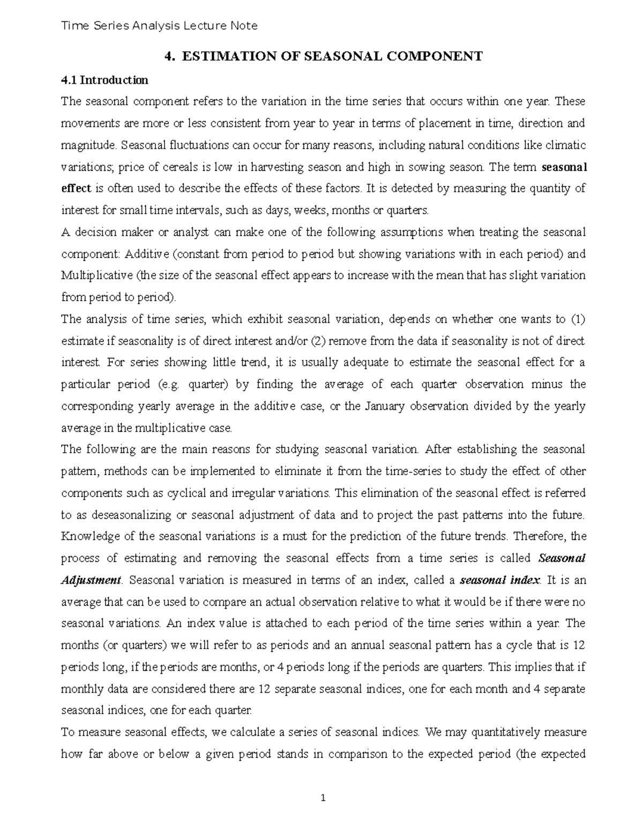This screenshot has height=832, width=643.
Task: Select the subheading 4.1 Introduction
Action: click(104, 80)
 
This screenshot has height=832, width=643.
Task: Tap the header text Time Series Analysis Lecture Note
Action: click(160, 26)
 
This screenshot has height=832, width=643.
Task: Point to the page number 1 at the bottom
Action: click(323, 798)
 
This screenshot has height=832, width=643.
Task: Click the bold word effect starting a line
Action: click(76, 188)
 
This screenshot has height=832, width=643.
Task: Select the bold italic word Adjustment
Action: click(92, 580)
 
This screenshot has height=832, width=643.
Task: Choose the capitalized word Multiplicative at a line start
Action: click(97, 275)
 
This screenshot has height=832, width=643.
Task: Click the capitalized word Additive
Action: click(174, 253)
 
